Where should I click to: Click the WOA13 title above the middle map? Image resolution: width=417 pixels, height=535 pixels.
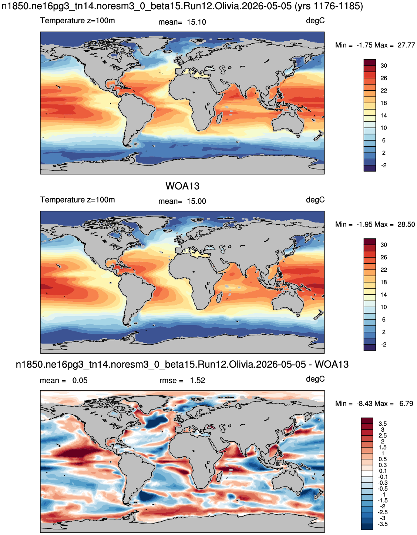pyautogui.click(x=182, y=186)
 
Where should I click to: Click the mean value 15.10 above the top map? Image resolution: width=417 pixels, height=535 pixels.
pyautogui.click(x=196, y=22)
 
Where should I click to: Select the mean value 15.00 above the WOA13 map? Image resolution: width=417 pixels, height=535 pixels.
pyautogui.click(x=196, y=201)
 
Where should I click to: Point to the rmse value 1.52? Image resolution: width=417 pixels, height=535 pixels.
pyautogui.click(x=197, y=381)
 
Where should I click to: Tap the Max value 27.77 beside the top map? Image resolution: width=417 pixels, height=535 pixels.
pyautogui.click(x=406, y=45)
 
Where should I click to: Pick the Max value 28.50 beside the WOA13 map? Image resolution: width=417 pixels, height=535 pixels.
pyautogui.click(x=406, y=224)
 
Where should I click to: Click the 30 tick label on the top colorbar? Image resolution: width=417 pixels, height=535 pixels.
pyautogui.click(x=384, y=66)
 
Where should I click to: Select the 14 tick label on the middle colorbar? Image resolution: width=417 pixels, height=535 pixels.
pyautogui.click(x=384, y=295)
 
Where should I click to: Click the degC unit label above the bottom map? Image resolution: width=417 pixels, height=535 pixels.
pyautogui.click(x=315, y=379)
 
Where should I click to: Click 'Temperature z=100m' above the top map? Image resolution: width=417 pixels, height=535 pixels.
pyautogui.click(x=77, y=21)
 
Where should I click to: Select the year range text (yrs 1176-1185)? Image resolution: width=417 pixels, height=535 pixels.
pyautogui.click(x=329, y=6)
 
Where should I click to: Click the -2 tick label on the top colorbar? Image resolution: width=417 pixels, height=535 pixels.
pyautogui.click(x=384, y=165)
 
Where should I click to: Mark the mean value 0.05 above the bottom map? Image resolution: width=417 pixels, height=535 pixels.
pyautogui.click(x=80, y=381)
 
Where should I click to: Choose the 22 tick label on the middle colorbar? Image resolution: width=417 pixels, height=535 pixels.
pyautogui.click(x=384, y=270)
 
